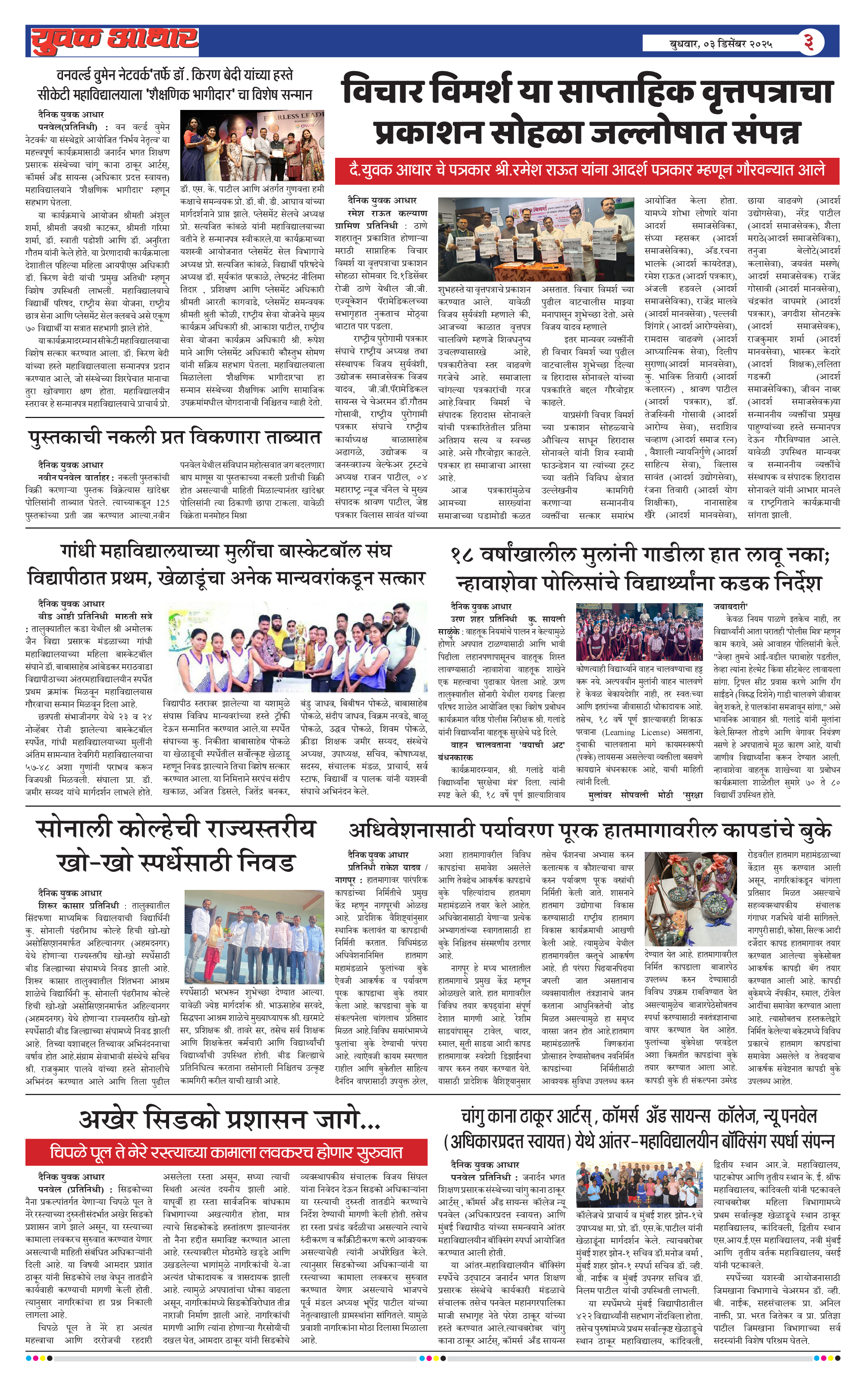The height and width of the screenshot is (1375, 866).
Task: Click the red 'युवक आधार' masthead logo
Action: coord(114,41)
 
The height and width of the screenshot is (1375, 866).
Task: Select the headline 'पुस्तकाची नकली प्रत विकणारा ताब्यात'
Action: coord(175,437)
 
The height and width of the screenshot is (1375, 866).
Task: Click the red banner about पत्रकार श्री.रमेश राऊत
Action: coord(587,170)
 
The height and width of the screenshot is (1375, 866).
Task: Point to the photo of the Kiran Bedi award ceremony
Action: coord(252,146)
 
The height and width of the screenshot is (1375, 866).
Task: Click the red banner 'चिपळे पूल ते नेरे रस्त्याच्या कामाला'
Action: coord(226,1152)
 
